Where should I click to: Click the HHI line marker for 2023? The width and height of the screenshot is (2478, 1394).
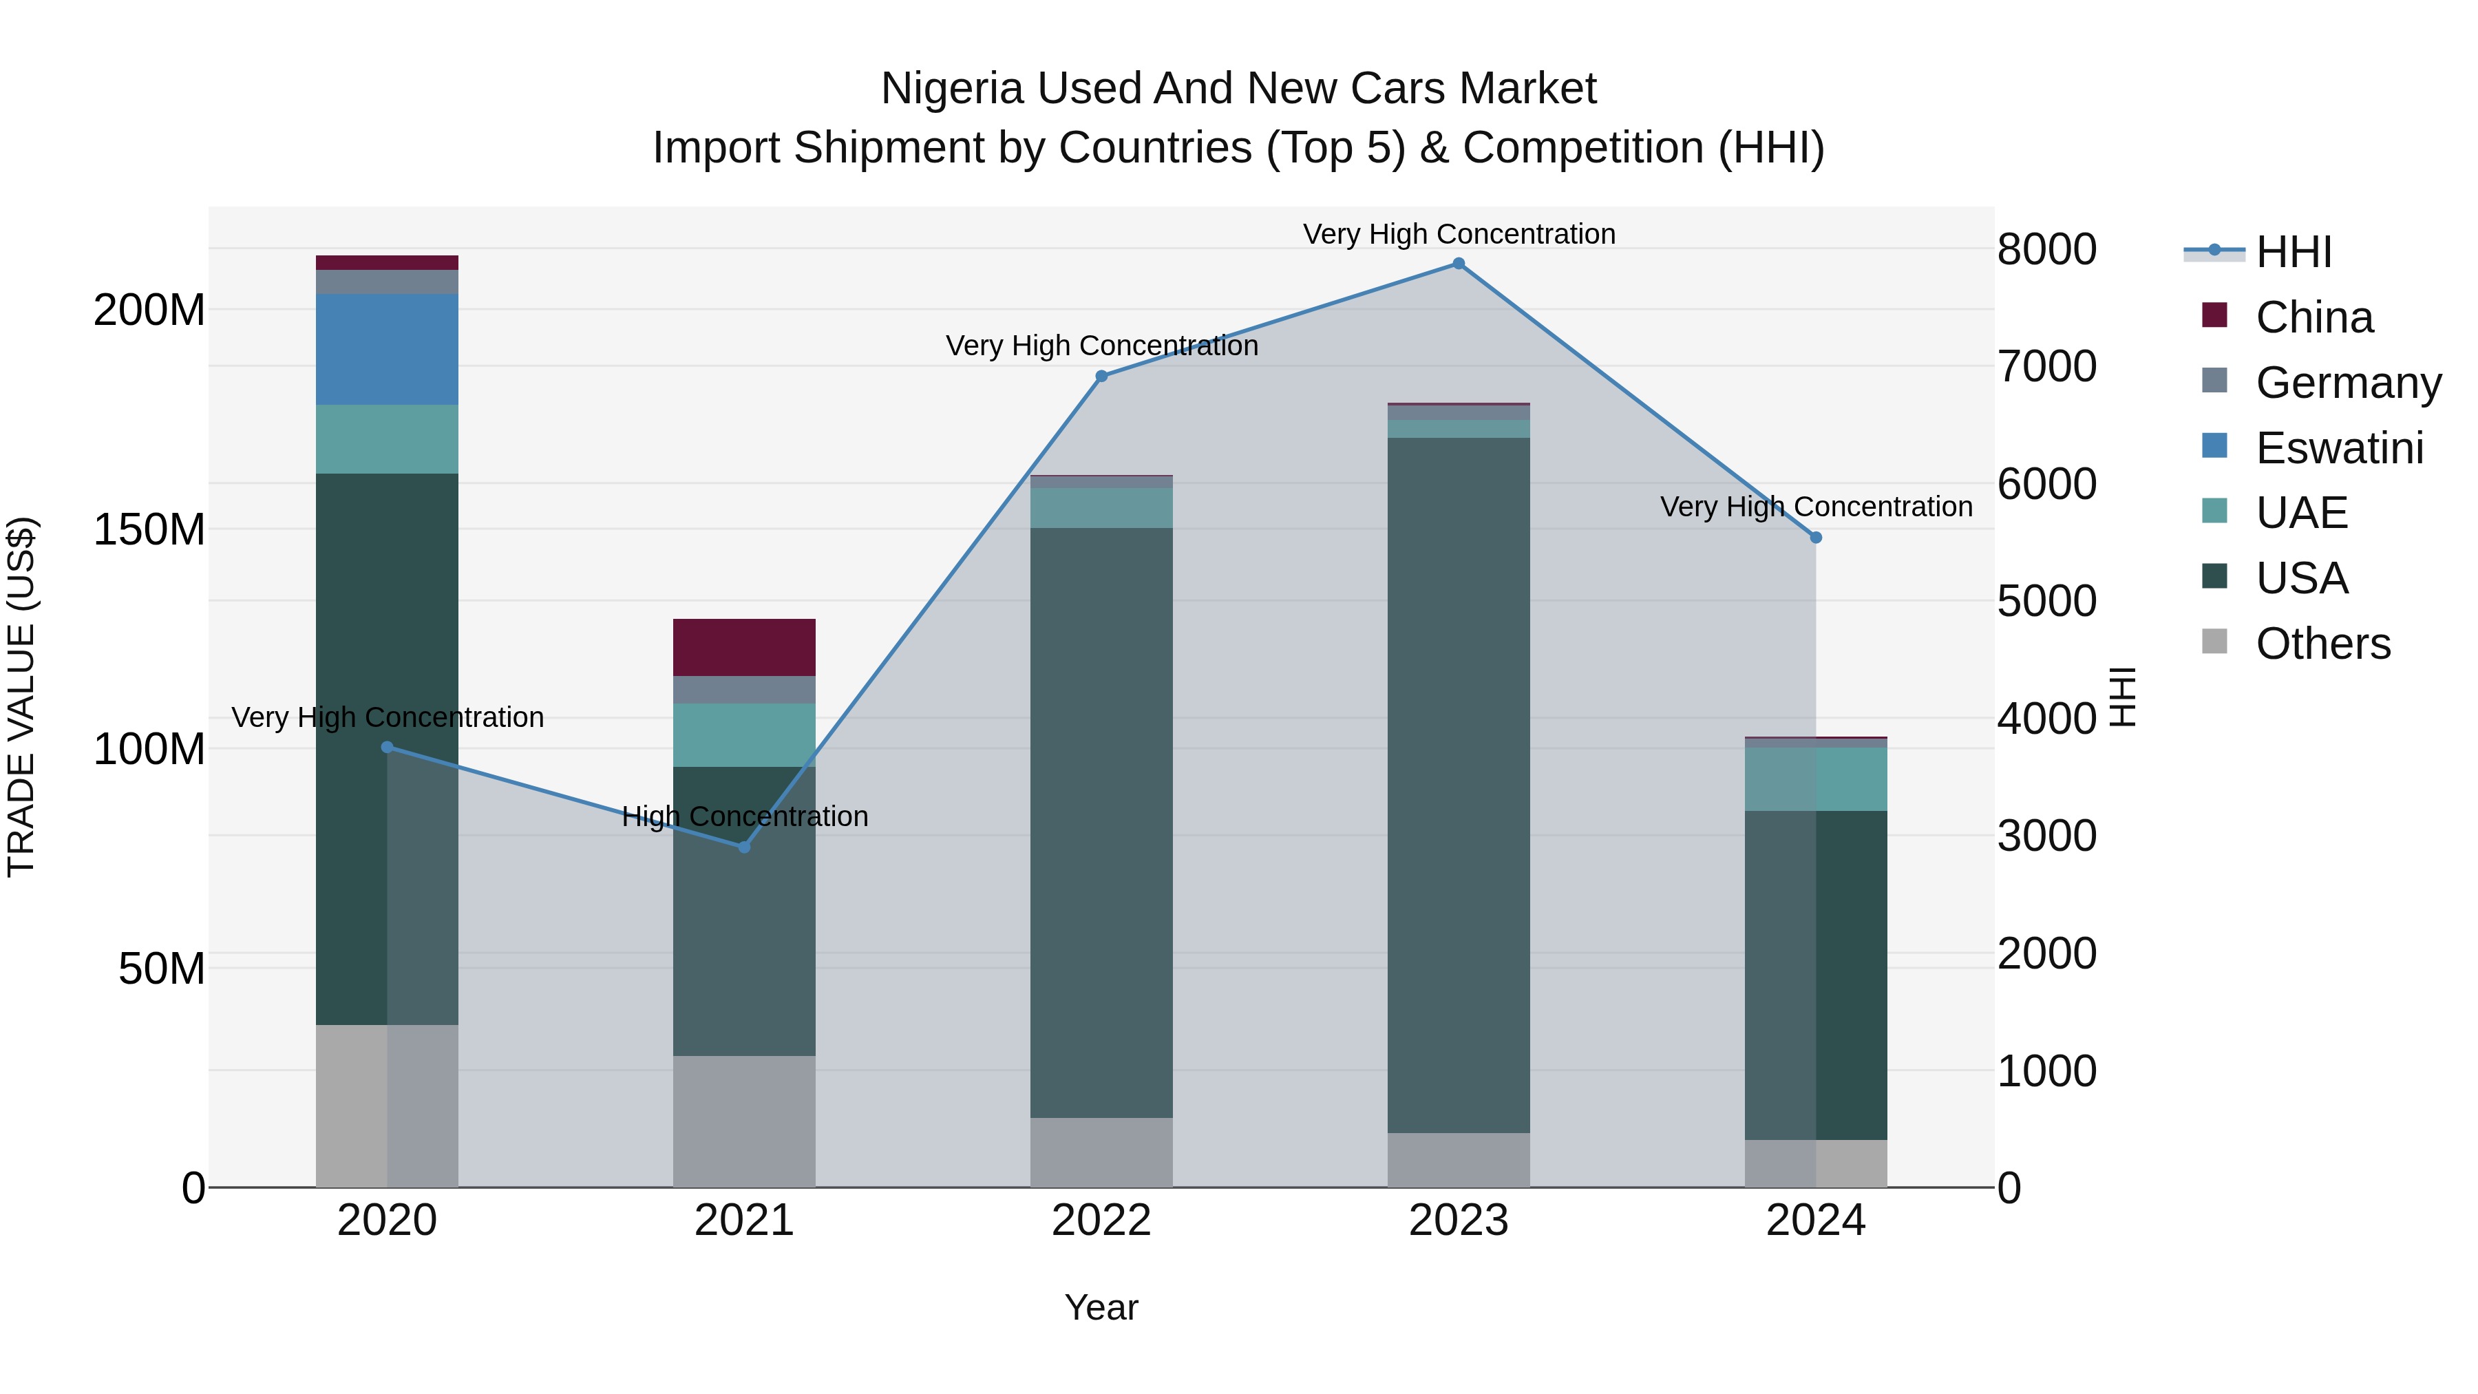(x=1459, y=264)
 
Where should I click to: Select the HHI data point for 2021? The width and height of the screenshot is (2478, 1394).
(x=743, y=847)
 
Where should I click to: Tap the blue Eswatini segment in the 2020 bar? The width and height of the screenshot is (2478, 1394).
(x=387, y=349)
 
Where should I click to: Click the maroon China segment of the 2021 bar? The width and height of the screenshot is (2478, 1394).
(x=743, y=648)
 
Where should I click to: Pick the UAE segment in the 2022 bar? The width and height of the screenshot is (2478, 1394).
(x=1101, y=508)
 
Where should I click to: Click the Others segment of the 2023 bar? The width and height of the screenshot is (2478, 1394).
(x=1459, y=1159)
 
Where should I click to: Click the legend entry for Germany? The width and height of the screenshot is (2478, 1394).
(x=2347, y=383)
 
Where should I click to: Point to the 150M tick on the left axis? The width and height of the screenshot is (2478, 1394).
(x=149, y=529)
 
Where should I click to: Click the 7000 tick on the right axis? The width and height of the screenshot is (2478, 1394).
(x=2046, y=366)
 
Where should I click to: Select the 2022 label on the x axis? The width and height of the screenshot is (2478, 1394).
(x=1101, y=1221)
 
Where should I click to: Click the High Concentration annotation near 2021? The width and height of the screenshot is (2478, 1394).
(x=745, y=816)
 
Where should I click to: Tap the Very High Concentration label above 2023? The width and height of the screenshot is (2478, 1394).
(x=1459, y=234)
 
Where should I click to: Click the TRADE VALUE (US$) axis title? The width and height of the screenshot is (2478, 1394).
(x=21, y=697)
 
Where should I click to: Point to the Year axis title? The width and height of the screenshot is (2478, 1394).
(x=1101, y=1307)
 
